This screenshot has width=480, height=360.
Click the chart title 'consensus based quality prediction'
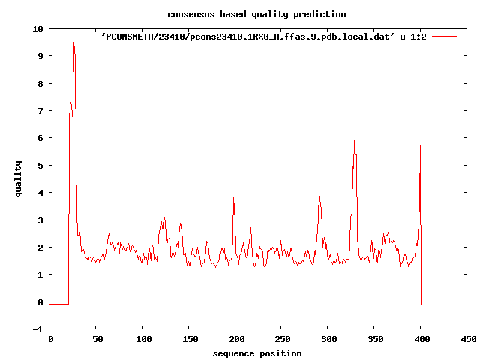pos(256,14)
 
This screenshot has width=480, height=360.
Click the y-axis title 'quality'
pos(19,178)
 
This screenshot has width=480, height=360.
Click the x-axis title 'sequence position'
pos(257,353)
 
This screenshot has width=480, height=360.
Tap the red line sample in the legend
pos(444,35)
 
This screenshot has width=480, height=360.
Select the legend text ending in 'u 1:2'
pos(264,36)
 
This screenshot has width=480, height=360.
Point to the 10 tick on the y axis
pos(37,28)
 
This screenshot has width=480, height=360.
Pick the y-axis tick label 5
pos(40,165)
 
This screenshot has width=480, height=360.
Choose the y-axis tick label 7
pos(40,110)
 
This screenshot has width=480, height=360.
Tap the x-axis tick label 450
pos(467,340)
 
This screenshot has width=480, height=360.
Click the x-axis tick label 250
pos(282,340)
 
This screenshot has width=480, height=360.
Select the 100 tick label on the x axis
pos(143,340)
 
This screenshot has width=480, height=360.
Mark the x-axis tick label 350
pos(374,340)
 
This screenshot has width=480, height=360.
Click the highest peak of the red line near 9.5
pos(73,43)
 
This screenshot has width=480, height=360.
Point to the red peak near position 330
pos(354,141)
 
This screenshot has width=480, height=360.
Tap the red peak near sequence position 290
pos(319,192)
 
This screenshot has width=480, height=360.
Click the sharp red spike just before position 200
pos(233,198)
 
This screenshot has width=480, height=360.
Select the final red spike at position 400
pos(420,146)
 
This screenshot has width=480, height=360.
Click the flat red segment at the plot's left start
pos(59,304)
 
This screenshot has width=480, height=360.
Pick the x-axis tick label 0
pos(50,340)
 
